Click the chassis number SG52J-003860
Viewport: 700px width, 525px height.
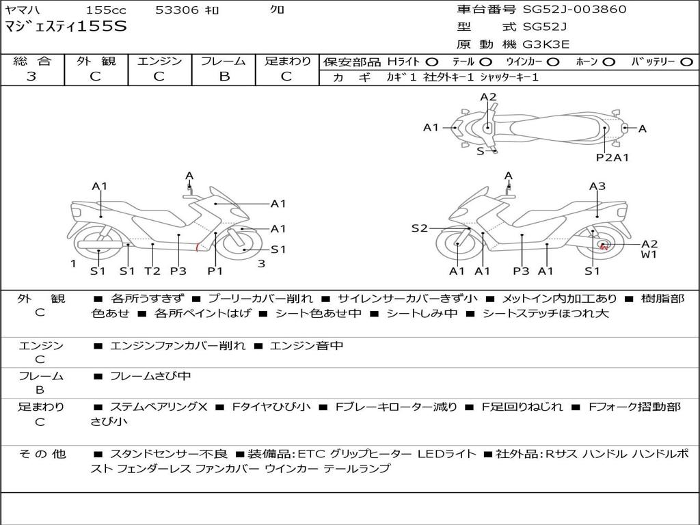pyautogui.click(x=574, y=9)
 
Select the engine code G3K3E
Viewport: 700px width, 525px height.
pyautogui.click(x=546, y=44)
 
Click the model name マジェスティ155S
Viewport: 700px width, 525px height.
pyautogui.click(x=66, y=26)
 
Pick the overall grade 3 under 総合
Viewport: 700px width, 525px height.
pyautogui.click(x=31, y=76)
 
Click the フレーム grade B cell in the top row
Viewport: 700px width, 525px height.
pyautogui.click(x=224, y=76)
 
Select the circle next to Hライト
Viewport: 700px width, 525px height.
pyautogui.click(x=432, y=62)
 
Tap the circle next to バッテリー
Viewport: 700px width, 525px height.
pyautogui.click(x=686, y=62)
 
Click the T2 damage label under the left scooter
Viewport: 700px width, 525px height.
pyautogui.click(x=152, y=271)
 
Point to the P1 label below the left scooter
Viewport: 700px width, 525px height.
pyautogui.click(x=215, y=271)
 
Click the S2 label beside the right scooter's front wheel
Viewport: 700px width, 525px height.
pyautogui.click(x=419, y=228)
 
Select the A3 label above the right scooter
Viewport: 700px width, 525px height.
pyautogui.click(x=597, y=186)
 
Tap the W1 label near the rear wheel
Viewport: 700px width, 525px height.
pyautogui.click(x=649, y=254)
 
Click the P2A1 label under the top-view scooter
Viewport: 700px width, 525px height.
pyautogui.click(x=612, y=157)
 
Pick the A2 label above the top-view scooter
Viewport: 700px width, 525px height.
pyautogui.click(x=488, y=97)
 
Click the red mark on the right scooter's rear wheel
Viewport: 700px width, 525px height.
pyautogui.click(x=604, y=245)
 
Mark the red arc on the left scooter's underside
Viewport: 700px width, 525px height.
pyautogui.click(x=198, y=247)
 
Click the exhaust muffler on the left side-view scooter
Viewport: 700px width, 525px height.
pyautogui.click(x=100, y=244)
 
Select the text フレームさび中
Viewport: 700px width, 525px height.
pyautogui.click(x=150, y=377)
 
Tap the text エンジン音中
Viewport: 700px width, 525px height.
pyautogui.click(x=307, y=345)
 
